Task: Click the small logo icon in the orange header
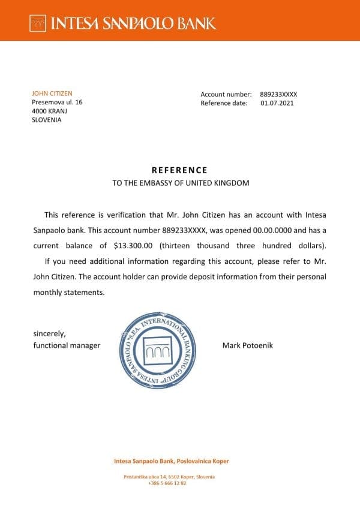point(38,24)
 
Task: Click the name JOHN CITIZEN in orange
point(52,94)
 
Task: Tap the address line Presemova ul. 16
point(57,103)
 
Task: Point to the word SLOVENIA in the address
point(46,119)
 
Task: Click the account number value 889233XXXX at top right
point(278,94)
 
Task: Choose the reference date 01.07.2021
point(277,103)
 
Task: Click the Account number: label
point(226,94)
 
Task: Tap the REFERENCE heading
point(179,170)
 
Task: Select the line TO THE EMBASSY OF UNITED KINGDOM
point(180,183)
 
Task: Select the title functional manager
point(66,345)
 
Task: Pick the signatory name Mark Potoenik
point(247,345)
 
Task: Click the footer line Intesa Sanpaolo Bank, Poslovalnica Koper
point(172,461)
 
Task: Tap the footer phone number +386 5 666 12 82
point(167,483)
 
